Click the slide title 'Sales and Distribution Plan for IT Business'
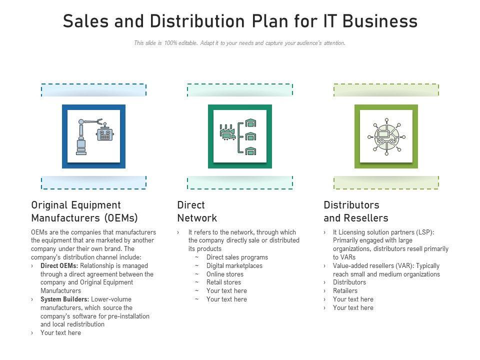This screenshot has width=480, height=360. tap(240, 21)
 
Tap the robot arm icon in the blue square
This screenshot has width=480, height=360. tap(93, 136)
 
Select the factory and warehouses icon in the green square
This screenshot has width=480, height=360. tap(239, 136)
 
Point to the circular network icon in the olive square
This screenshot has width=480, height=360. tap(386, 136)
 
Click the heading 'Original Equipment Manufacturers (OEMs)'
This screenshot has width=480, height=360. tap(84, 211)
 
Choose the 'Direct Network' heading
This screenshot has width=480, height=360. tap(197, 211)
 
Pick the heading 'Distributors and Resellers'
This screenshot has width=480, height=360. tap(355, 211)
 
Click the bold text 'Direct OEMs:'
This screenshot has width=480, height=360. tap(59, 266)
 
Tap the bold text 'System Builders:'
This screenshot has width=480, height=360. tap(64, 299)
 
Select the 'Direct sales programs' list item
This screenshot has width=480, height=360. tap(237, 257)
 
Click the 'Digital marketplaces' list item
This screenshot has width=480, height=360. tap(234, 266)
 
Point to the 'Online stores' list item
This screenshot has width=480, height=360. tap(225, 274)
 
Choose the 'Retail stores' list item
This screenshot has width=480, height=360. tap(223, 282)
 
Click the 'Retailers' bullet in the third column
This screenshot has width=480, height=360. tap(345, 291)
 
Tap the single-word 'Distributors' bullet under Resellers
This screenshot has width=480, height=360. tap(349, 282)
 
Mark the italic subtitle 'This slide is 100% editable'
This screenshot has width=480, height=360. tap(239, 43)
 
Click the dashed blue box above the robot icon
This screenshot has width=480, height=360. tap(93, 90)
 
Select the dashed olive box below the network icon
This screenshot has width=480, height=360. tap(386, 182)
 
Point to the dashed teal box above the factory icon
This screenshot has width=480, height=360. tap(239, 90)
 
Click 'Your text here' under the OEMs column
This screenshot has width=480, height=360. tap(60, 333)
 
